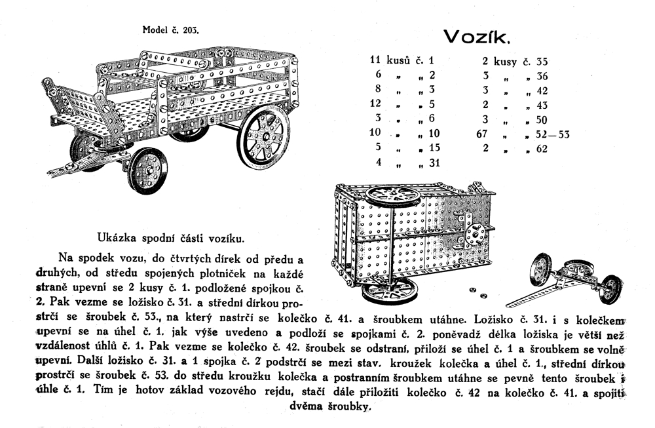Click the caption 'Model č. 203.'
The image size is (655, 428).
pyautogui.click(x=171, y=30)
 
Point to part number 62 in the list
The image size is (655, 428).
pyautogui.click(x=542, y=149)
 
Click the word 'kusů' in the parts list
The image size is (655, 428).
pyautogui.click(x=399, y=61)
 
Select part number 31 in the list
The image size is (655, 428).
pyautogui.click(x=434, y=164)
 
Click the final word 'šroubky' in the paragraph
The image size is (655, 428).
pyautogui.click(x=350, y=406)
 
